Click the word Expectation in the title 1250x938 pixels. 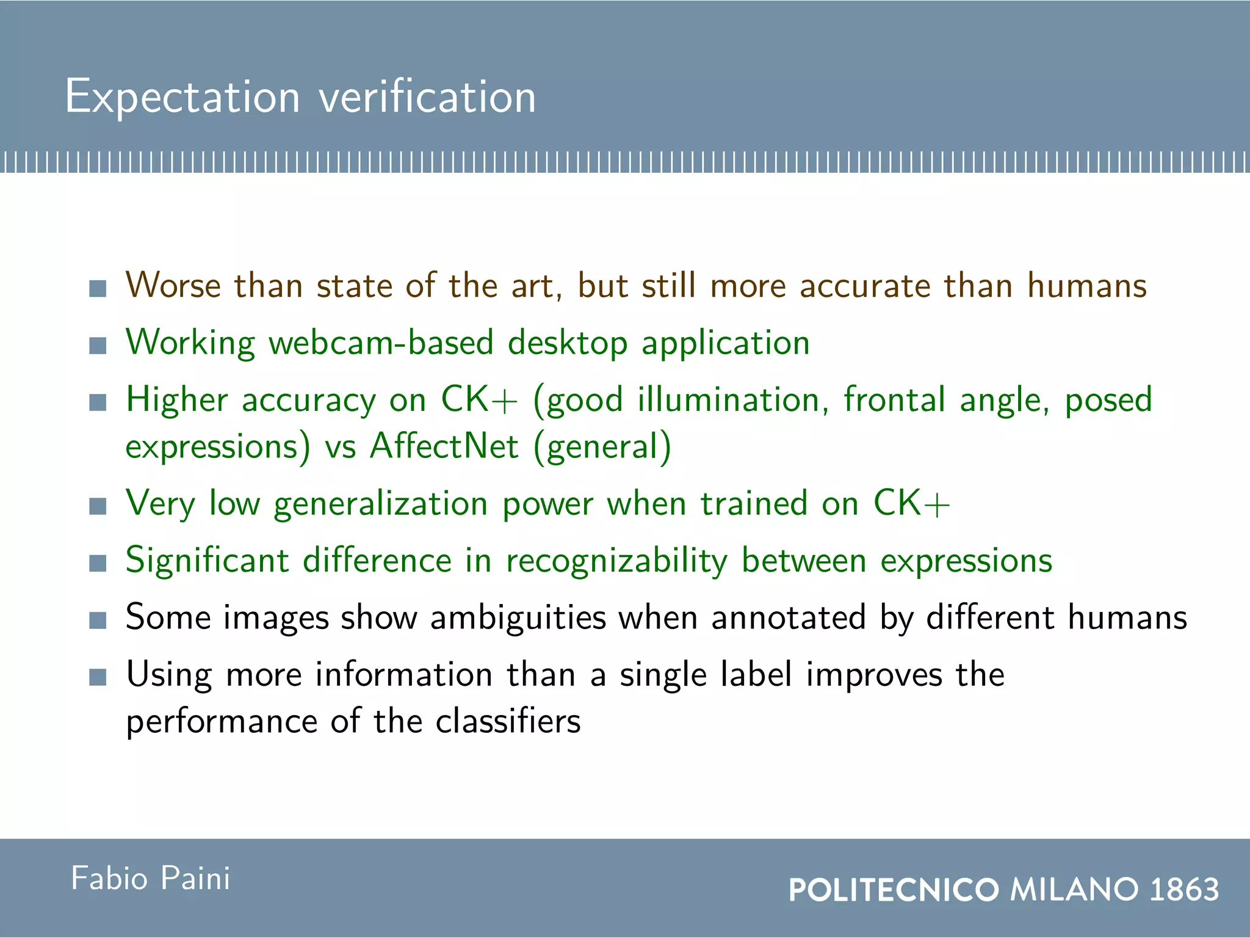pyautogui.click(x=182, y=96)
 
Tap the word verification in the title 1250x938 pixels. pyautogui.click(x=427, y=96)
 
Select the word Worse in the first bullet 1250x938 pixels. pyautogui.click(x=173, y=285)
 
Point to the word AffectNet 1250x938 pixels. pyautogui.click(x=444, y=446)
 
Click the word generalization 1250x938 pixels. pyautogui.click(x=380, y=504)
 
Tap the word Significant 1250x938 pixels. pyautogui.click(x=207, y=561)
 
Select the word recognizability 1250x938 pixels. pyautogui.click(x=617, y=561)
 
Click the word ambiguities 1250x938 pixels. pyautogui.click(x=518, y=617)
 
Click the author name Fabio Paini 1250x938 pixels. pyautogui.click(x=151, y=879)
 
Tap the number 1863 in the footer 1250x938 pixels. pyautogui.click(x=1184, y=889)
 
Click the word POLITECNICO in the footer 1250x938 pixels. pyautogui.click(x=894, y=889)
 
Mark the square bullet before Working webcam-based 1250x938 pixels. pyautogui.click(x=98, y=346)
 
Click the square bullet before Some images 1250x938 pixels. pyautogui.click(x=98, y=620)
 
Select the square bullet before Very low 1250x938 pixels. pyautogui.click(x=98, y=506)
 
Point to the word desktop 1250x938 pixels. pyautogui.click(x=568, y=343)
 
